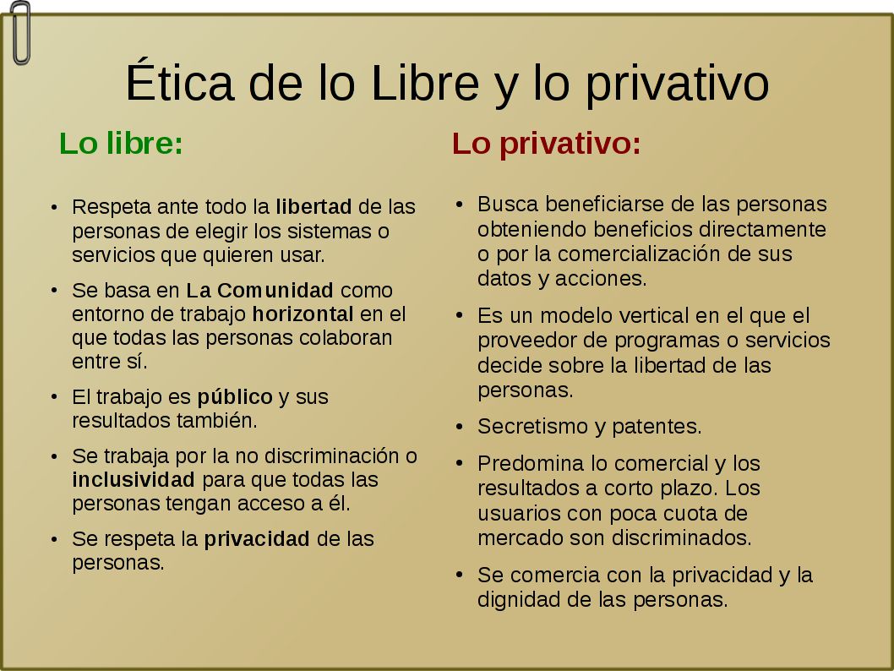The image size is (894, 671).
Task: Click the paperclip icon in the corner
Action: coord(20,33)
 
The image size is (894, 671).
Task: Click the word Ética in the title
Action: coord(180,80)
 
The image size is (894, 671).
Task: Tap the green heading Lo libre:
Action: coord(121,143)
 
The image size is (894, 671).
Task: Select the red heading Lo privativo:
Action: coord(546,143)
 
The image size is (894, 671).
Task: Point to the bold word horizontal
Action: coord(303,314)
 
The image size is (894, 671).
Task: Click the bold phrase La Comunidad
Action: coord(259,290)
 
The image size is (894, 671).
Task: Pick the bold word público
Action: coord(235,397)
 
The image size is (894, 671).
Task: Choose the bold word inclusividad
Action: coord(134,480)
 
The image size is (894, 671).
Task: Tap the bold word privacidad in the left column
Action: coord(257,539)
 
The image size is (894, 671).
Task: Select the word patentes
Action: coord(657,427)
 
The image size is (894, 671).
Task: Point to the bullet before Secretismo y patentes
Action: coord(460,427)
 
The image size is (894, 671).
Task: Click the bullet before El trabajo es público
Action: coord(54,397)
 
